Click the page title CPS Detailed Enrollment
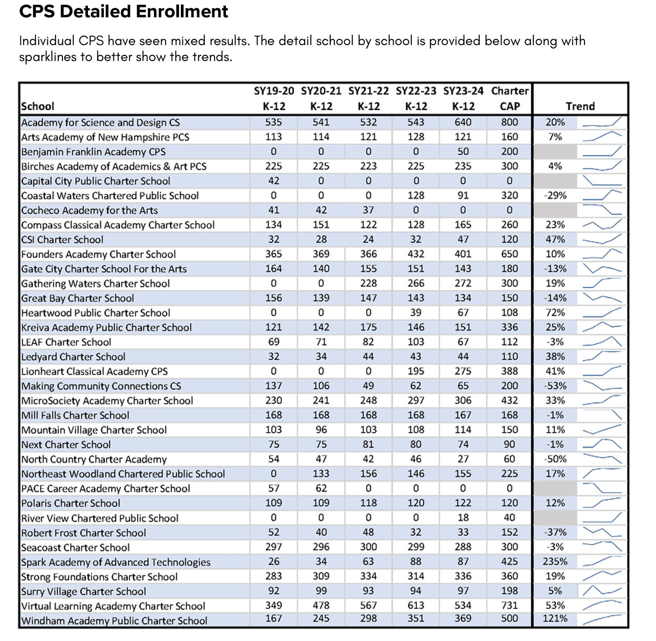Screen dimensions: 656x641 (123, 11)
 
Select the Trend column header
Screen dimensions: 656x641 (580, 106)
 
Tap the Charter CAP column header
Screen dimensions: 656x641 (509, 98)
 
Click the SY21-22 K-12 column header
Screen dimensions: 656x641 (368, 98)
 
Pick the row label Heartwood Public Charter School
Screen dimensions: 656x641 (95, 313)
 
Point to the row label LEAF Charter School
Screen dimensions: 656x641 (66, 342)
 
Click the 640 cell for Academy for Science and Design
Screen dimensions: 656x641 (463, 122)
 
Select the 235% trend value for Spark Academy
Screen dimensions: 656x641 (555, 561)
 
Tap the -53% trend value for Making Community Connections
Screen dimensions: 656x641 (555, 385)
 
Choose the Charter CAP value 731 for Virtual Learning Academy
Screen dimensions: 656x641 (509, 605)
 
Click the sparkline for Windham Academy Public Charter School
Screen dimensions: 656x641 (602, 619)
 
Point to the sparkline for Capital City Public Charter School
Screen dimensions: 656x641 (602, 181)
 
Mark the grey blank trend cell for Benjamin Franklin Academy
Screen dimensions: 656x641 (555, 152)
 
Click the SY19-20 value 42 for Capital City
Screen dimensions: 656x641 (273, 181)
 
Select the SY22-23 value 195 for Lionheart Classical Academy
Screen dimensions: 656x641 (415, 371)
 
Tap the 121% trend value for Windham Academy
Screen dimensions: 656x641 (555, 618)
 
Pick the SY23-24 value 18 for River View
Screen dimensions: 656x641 (463, 517)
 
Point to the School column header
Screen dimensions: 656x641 (37, 106)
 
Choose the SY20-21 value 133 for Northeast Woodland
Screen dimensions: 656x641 (321, 473)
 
